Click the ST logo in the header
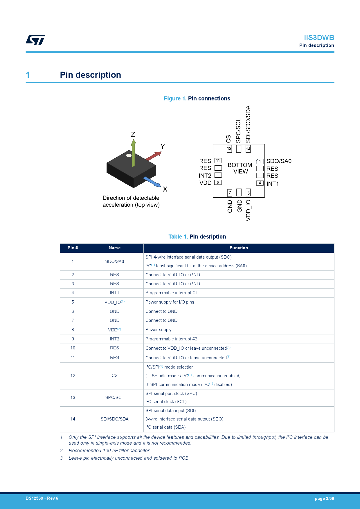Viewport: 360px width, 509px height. pyautogui.click(x=35, y=40)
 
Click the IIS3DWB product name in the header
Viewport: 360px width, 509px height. pyautogui.click(x=319, y=38)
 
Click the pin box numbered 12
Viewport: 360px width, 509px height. pyautogui.click(x=229, y=149)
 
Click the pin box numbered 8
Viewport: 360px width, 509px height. pyautogui.click(x=218, y=183)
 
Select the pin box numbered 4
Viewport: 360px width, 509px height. pyautogui.click(x=260, y=183)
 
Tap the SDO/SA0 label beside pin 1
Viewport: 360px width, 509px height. pyautogui.click(x=279, y=161)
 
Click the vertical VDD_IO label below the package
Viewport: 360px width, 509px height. pyautogui.click(x=248, y=210)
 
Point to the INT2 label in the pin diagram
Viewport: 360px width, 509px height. pyautogui.click(x=205, y=176)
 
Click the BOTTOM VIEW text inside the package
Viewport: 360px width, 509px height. pyautogui.click(x=240, y=168)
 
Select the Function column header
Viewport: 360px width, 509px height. pyautogui.click(x=239, y=248)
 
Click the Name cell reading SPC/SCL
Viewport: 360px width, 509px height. pyautogui.click(x=114, y=398)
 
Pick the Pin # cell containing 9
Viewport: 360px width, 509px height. pyautogui.click(x=73, y=339)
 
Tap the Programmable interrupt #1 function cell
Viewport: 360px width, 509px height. pyautogui.click(x=171, y=293)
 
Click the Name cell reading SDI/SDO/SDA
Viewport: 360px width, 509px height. pyautogui.click(x=114, y=419)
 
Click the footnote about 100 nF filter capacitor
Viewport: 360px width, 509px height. pyautogui.click(x=109, y=450)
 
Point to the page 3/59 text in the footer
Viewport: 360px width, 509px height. pyautogui.click(x=324, y=499)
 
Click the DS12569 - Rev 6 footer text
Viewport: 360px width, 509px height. pyautogui.click(x=42, y=498)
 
